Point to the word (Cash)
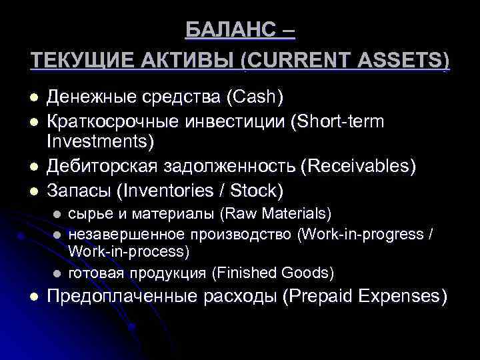click(255, 97)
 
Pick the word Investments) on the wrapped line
click(100, 142)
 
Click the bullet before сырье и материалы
click(58, 214)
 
